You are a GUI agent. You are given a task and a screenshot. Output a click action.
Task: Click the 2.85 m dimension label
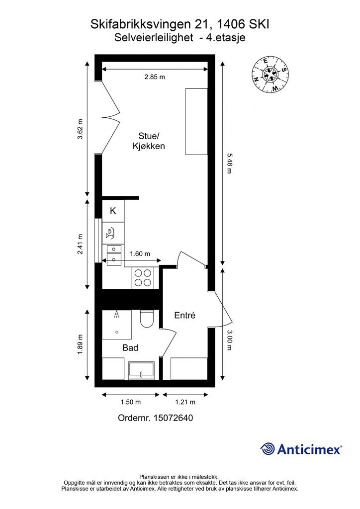pos(155,77)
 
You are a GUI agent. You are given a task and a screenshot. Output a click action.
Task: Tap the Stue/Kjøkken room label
pos(149,141)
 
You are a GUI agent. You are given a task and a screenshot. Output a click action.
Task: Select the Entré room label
pos(184,315)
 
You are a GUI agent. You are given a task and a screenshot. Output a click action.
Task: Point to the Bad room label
pos(130,347)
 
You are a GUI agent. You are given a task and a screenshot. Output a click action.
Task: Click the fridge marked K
pos(113,211)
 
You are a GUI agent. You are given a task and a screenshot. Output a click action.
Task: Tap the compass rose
pos(270,75)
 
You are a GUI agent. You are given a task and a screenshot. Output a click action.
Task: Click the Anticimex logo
pos(301,449)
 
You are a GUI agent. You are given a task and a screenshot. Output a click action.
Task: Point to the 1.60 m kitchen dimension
pos(140,254)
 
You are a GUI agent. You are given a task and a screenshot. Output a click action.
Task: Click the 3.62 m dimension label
pos(80,129)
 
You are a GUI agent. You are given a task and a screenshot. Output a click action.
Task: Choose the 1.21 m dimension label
pos(185,402)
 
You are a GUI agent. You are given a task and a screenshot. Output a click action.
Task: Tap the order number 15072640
pos(155,418)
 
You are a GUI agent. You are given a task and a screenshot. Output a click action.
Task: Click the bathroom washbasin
pos(141,370)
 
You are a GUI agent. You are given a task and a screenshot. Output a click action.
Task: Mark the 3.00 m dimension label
pos(229,340)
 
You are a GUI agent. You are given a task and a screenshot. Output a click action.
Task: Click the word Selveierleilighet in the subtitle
pos(154,38)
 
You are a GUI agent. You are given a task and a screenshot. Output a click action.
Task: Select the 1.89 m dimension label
pos(80,344)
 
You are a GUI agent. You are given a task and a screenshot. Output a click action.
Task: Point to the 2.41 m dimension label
pos(80,244)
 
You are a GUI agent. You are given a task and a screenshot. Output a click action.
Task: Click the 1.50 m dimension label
pos(130,402)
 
